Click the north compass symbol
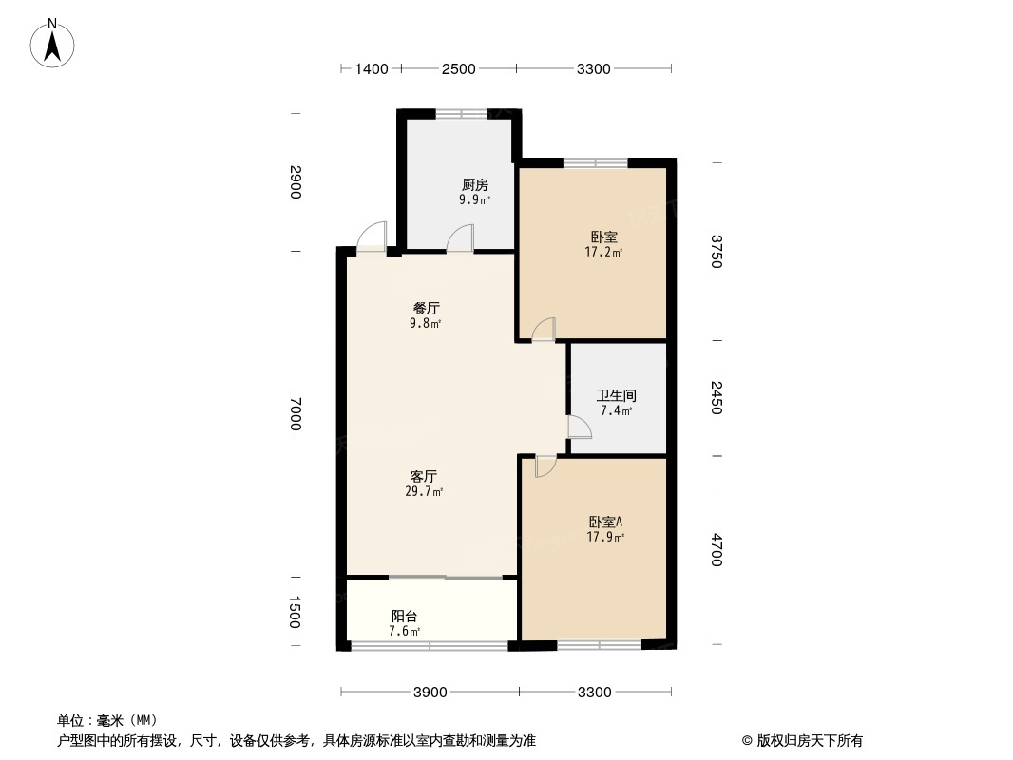(x=53, y=44)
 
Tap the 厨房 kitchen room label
(x=474, y=185)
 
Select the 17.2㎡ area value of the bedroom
(x=603, y=253)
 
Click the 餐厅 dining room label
(x=426, y=309)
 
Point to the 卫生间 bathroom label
(x=616, y=396)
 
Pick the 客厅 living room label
(x=424, y=476)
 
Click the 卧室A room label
(x=605, y=522)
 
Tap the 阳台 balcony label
(x=404, y=617)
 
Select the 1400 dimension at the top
(x=372, y=68)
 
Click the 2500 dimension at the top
(x=459, y=68)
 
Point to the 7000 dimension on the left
(x=296, y=413)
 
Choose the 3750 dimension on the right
(x=717, y=252)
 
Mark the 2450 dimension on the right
(x=717, y=398)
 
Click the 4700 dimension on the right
(x=717, y=551)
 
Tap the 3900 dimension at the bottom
(x=430, y=692)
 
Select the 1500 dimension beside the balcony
(x=296, y=612)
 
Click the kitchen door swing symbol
(x=461, y=237)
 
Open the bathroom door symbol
(x=579, y=427)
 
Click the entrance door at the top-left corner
(x=373, y=236)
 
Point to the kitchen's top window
(x=462, y=114)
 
